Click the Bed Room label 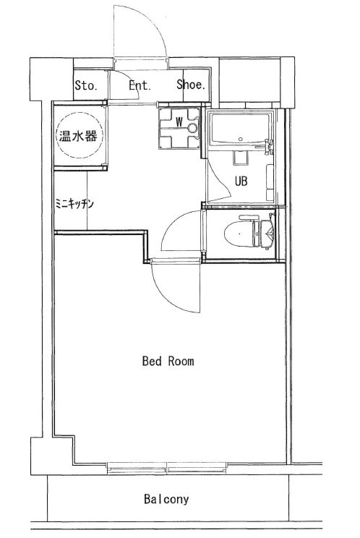click(168, 361)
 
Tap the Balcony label click(166, 499)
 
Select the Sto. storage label click(86, 85)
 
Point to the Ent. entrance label click(140, 85)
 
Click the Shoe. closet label click(191, 85)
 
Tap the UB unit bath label click(241, 182)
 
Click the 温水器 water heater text click(78, 136)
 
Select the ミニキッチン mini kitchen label click(74, 205)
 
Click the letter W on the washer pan click(179, 121)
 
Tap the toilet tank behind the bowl click(267, 234)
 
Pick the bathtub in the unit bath click(240, 129)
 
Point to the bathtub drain click(240, 140)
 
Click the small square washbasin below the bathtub click(240, 158)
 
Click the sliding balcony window click(167, 467)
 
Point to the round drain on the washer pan click(193, 128)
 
